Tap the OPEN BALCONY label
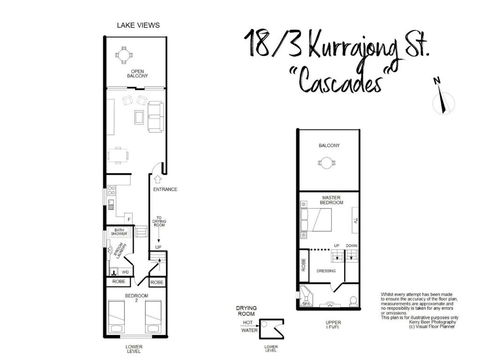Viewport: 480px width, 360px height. tap(137, 73)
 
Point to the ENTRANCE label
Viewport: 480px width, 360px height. tap(163, 188)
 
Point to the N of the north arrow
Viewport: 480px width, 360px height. tap(436, 80)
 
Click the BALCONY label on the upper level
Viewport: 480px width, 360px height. tap(329, 147)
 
